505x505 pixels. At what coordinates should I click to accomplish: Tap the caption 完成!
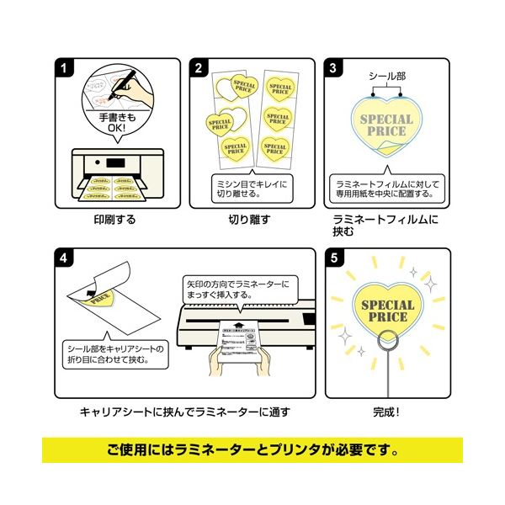pos(385,412)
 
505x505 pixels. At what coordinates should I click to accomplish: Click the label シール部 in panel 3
pos(385,77)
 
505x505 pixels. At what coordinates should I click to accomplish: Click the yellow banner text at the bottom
pos(252,449)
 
